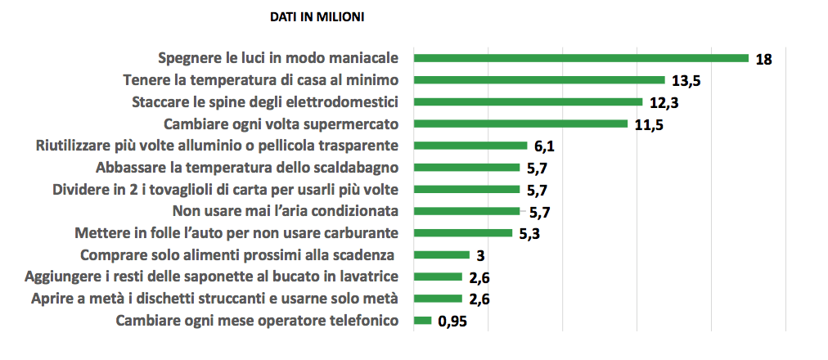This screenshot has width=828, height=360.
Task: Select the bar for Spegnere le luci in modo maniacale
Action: coord(581,58)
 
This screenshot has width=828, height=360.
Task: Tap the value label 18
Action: coord(764,59)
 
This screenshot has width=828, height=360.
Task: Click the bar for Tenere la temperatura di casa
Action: coord(539,80)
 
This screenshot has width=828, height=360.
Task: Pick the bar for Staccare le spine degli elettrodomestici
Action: coord(528,102)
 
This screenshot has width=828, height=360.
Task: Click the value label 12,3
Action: coord(664,103)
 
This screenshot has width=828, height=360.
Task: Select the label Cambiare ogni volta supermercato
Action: coord(281,124)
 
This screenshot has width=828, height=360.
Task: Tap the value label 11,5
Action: coord(650,125)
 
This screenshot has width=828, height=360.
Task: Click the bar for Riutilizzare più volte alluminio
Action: coord(470,146)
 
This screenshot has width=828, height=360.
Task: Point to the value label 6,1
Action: coord(546,146)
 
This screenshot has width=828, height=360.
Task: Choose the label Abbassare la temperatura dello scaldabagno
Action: coord(247,168)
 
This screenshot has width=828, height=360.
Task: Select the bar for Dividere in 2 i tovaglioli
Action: coord(466,189)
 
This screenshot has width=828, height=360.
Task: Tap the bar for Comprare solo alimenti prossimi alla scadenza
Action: coord(442,254)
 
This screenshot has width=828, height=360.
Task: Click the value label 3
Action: coord(481,255)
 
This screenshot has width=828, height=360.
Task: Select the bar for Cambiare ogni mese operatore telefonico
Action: coord(422,320)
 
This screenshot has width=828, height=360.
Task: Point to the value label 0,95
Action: coord(452,322)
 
